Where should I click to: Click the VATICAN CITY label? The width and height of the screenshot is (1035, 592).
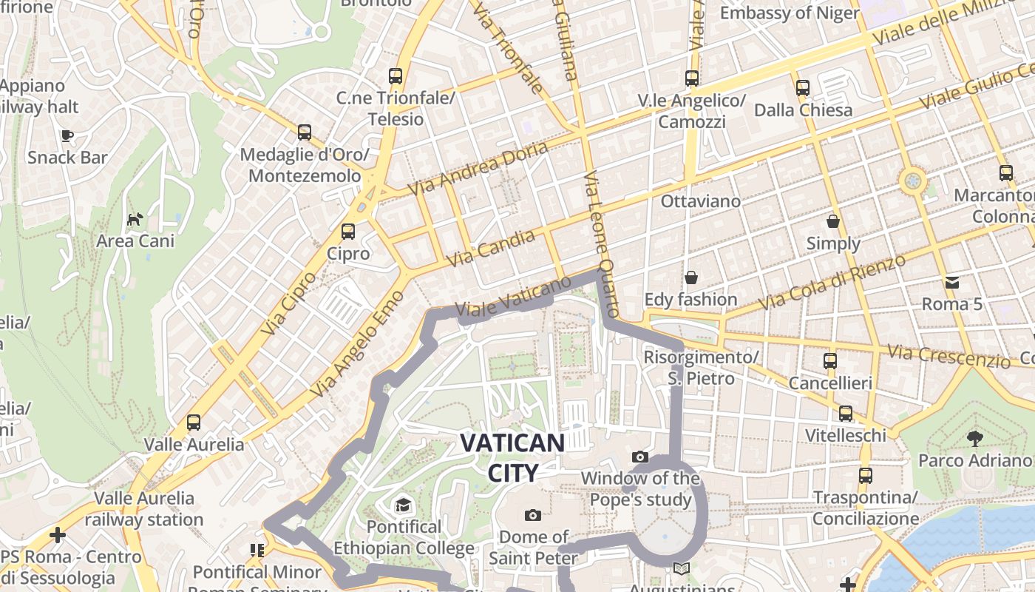[x=512, y=457]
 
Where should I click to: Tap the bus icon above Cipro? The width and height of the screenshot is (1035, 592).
[x=348, y=232]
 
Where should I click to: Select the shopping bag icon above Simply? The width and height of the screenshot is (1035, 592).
[x=833, y=221]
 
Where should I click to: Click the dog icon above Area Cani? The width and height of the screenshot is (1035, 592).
[x=135, y=219]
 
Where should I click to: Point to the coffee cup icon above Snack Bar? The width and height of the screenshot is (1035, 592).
[x=67, y=135]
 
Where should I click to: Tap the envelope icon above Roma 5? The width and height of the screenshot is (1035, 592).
[x=951, y=282]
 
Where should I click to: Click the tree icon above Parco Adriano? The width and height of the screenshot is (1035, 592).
[x=975, y=438]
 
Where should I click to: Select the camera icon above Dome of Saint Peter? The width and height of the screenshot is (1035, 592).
[x=532, y=515]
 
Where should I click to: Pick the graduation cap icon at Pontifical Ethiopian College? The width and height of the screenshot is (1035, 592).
[x=403, y=505]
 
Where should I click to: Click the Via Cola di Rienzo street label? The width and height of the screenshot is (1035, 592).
[x=832, y=282]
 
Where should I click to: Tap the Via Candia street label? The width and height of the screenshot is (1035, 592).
[x=491, y=249]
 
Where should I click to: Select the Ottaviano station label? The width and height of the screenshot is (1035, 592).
[x=700, y=201]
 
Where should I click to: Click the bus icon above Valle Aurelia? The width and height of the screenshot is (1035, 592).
[x=194, y=423]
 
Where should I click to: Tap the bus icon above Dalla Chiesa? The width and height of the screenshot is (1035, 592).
[x=803, y=88]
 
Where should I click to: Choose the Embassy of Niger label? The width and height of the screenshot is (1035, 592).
[x=790, y=13]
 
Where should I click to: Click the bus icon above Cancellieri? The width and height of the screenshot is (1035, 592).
[x=830, y=361]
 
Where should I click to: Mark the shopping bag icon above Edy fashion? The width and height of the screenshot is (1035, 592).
[x=690, y=277]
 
